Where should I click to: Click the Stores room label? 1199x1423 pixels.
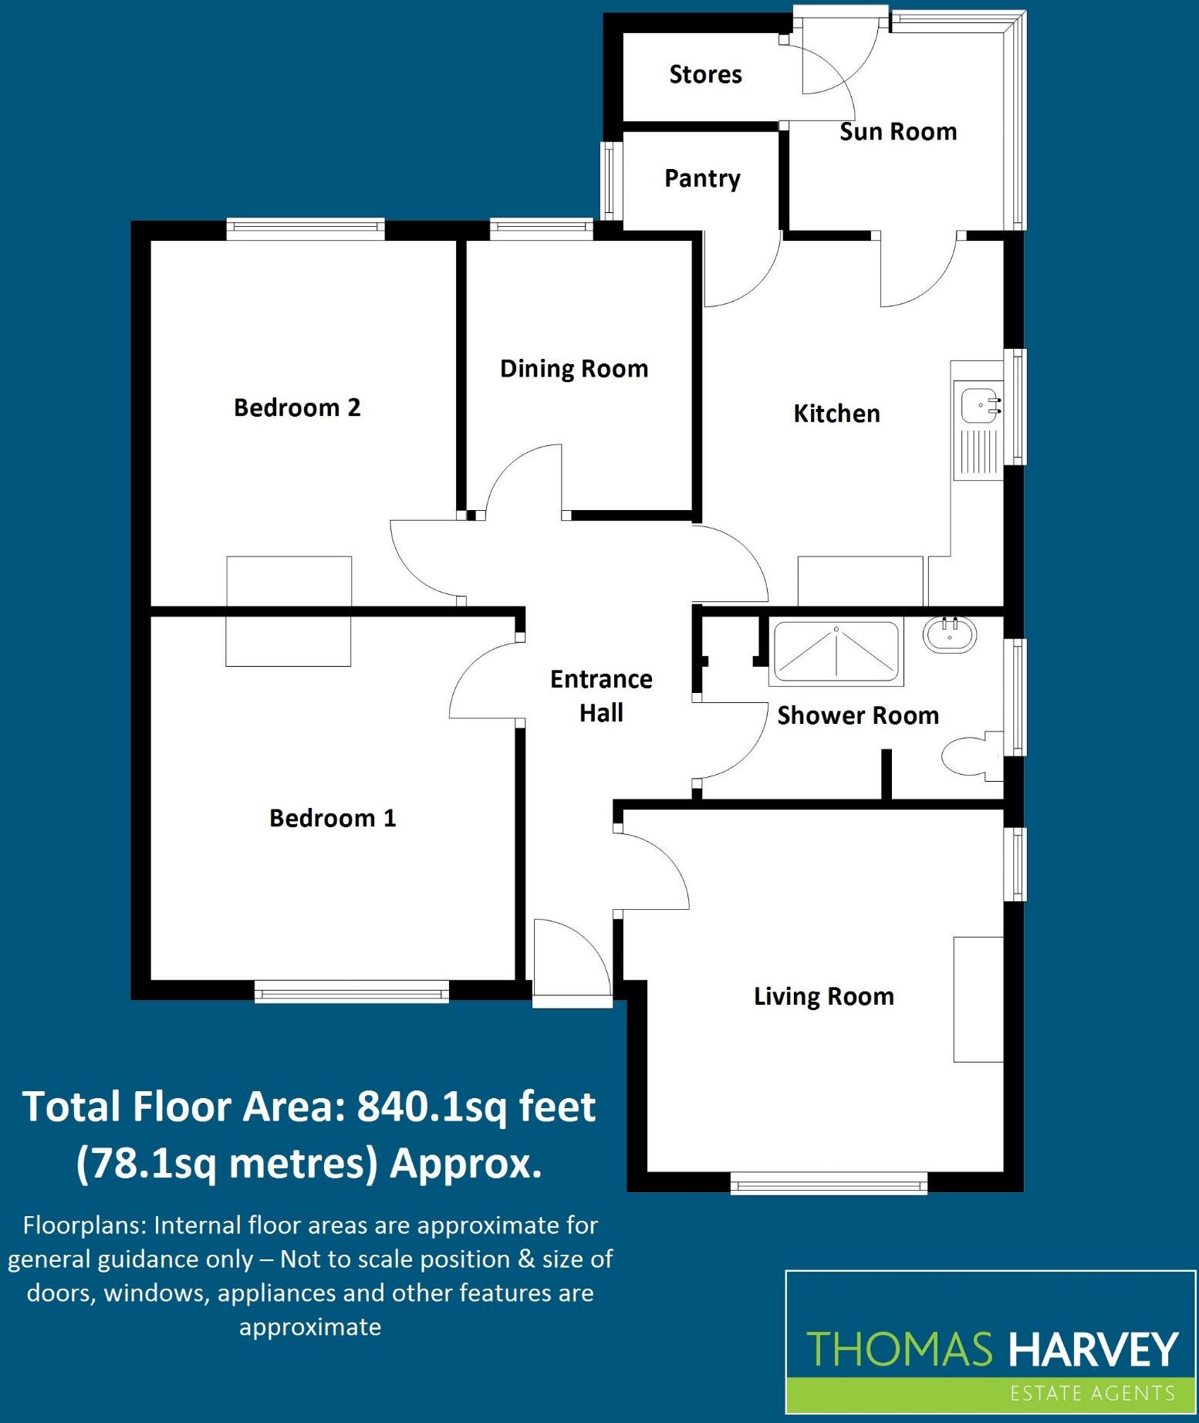(x=705, y=74)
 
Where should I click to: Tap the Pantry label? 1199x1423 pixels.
(x=702, y=179)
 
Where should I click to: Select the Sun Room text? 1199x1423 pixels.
(x=898, y=132)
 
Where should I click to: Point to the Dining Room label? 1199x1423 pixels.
(x=574, y=370)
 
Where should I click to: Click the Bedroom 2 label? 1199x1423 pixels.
(x=297, y=407)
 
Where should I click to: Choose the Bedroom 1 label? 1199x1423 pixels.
(x=333, y=818)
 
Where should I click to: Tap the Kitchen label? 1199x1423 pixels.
(x=836, y=414)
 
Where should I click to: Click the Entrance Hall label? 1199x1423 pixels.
(x=601, y=695)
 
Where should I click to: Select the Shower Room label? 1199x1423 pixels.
(x=858, y=715)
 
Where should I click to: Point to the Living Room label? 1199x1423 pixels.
(x=824, y=996)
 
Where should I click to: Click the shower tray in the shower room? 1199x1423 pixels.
(x=836, y=652)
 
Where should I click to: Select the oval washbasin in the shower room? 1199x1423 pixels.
(x=950, y=636)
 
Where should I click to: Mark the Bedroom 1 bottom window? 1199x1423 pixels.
(x=352, y=992)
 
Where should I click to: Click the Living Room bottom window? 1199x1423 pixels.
(x=829, y=1183)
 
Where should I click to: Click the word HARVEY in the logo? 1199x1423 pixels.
(x=1093, y=1349)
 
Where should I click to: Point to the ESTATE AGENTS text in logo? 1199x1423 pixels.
(x=1093, y=1393)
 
